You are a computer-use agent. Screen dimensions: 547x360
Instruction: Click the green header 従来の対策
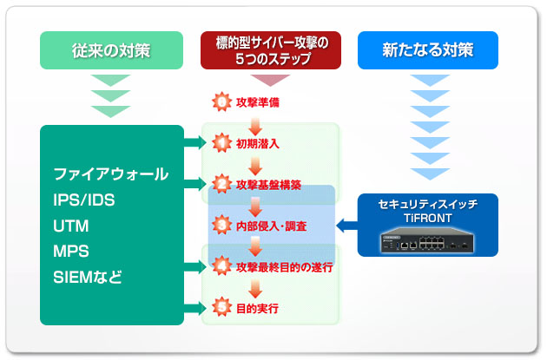pos(111,50)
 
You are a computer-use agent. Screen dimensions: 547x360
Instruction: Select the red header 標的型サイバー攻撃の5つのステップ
pos(271,50)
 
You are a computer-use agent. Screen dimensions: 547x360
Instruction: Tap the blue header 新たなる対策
pos(428,50)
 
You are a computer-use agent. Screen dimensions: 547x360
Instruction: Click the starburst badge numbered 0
pos(221,101)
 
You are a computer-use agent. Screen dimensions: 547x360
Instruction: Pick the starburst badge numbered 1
pos(221,143)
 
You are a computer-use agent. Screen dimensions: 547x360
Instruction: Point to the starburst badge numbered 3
pos(221,226)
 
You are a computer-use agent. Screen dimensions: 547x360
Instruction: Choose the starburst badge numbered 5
pos(221,307)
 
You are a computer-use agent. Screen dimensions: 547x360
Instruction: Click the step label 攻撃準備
pos(258,102)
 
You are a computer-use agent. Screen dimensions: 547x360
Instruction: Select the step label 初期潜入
pos(258,144)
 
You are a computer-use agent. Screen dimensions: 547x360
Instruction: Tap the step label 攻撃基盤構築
pos(268,185)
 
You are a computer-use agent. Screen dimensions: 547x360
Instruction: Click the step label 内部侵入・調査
pos(272,226)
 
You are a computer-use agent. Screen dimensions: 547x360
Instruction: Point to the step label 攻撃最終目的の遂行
pos(284,267)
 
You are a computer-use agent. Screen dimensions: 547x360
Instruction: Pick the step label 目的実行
pos(257,309)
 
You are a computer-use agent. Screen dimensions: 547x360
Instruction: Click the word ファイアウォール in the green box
pos(111,173)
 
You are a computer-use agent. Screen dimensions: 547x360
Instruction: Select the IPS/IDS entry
pos(83,200)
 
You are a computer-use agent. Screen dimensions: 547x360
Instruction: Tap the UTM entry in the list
pos(71,226)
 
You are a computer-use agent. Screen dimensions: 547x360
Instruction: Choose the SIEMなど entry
pos(88,278)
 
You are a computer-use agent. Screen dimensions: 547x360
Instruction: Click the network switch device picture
pos(427,239)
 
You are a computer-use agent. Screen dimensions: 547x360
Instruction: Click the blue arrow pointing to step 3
pos(346,226)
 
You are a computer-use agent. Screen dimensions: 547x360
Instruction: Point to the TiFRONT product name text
pos(428,218)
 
